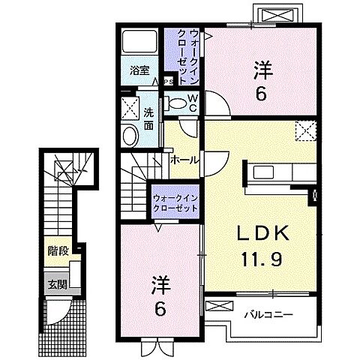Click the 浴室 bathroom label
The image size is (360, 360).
click(x=139, y=71)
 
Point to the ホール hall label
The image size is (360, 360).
click(x=184, y=160)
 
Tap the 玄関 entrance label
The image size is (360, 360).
click(x=57, y=284)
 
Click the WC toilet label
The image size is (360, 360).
click(x=192, y=103)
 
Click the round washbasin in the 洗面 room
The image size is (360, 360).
click(x=131, y=136)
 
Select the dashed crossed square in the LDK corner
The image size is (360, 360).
click(x=304, y=129)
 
